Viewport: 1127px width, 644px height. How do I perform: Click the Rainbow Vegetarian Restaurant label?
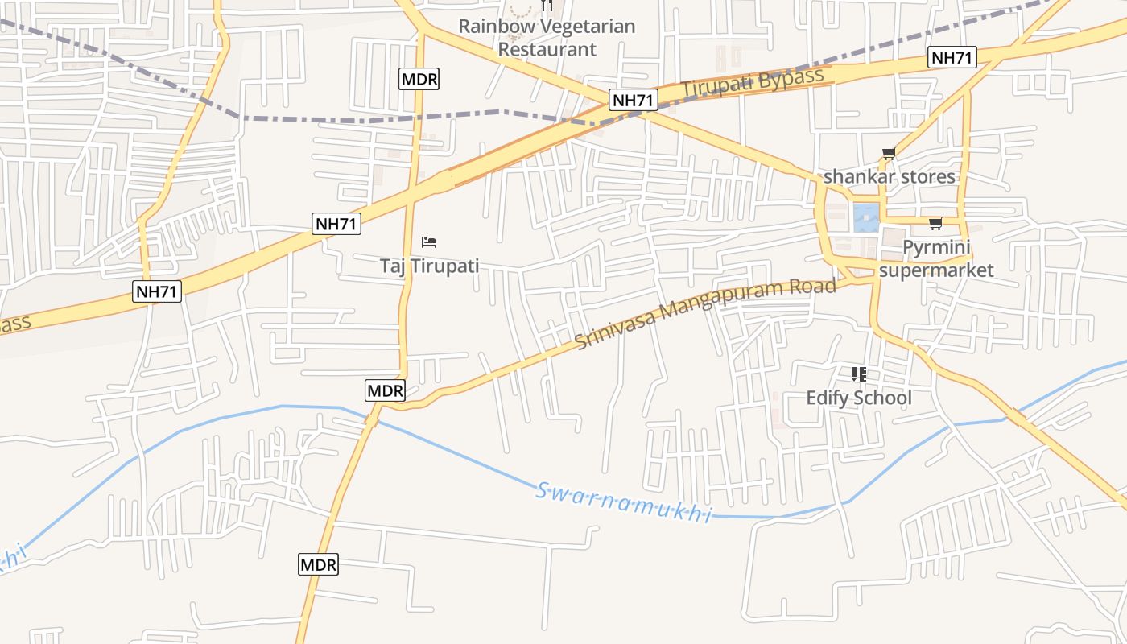pos(547,37)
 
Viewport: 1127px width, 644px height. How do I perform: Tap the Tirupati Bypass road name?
pos(753,83)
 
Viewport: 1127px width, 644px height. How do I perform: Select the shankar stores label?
pos(889,176)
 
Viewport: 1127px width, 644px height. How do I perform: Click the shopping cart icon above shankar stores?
pos(889,153)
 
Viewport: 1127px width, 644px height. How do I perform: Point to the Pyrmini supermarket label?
pos(936,258)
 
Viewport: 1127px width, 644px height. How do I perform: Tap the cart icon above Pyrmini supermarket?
pos(935,223)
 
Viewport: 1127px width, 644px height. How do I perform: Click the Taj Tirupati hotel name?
pos(429,266)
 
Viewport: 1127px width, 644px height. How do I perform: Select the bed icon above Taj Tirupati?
pos(429,242)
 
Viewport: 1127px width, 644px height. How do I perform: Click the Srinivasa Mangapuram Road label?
pos(706,313)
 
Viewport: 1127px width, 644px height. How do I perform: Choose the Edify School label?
pos(859,398)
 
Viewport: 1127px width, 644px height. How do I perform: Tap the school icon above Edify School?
pos(859,374)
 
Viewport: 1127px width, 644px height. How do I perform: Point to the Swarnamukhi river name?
pos(624,502)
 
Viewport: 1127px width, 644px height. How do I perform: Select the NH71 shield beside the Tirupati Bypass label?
pos(634,100)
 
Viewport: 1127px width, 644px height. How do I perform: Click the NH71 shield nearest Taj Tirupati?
pos(336,223)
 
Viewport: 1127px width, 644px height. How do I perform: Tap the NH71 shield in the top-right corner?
pos(952,57)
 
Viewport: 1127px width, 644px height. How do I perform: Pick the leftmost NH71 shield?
pos(157,291)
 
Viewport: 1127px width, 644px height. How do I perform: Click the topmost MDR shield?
pos(419,79)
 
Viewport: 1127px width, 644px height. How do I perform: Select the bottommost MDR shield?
pos(318,564)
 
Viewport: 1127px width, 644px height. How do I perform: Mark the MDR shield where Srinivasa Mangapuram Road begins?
pos(385,390)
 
